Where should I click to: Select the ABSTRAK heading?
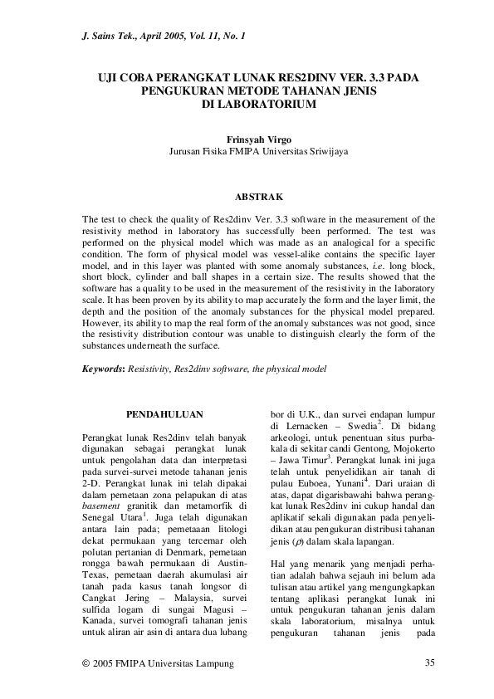click(258, 197)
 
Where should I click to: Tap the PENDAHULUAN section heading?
click(164, 413)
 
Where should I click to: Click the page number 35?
click(429, 662)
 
